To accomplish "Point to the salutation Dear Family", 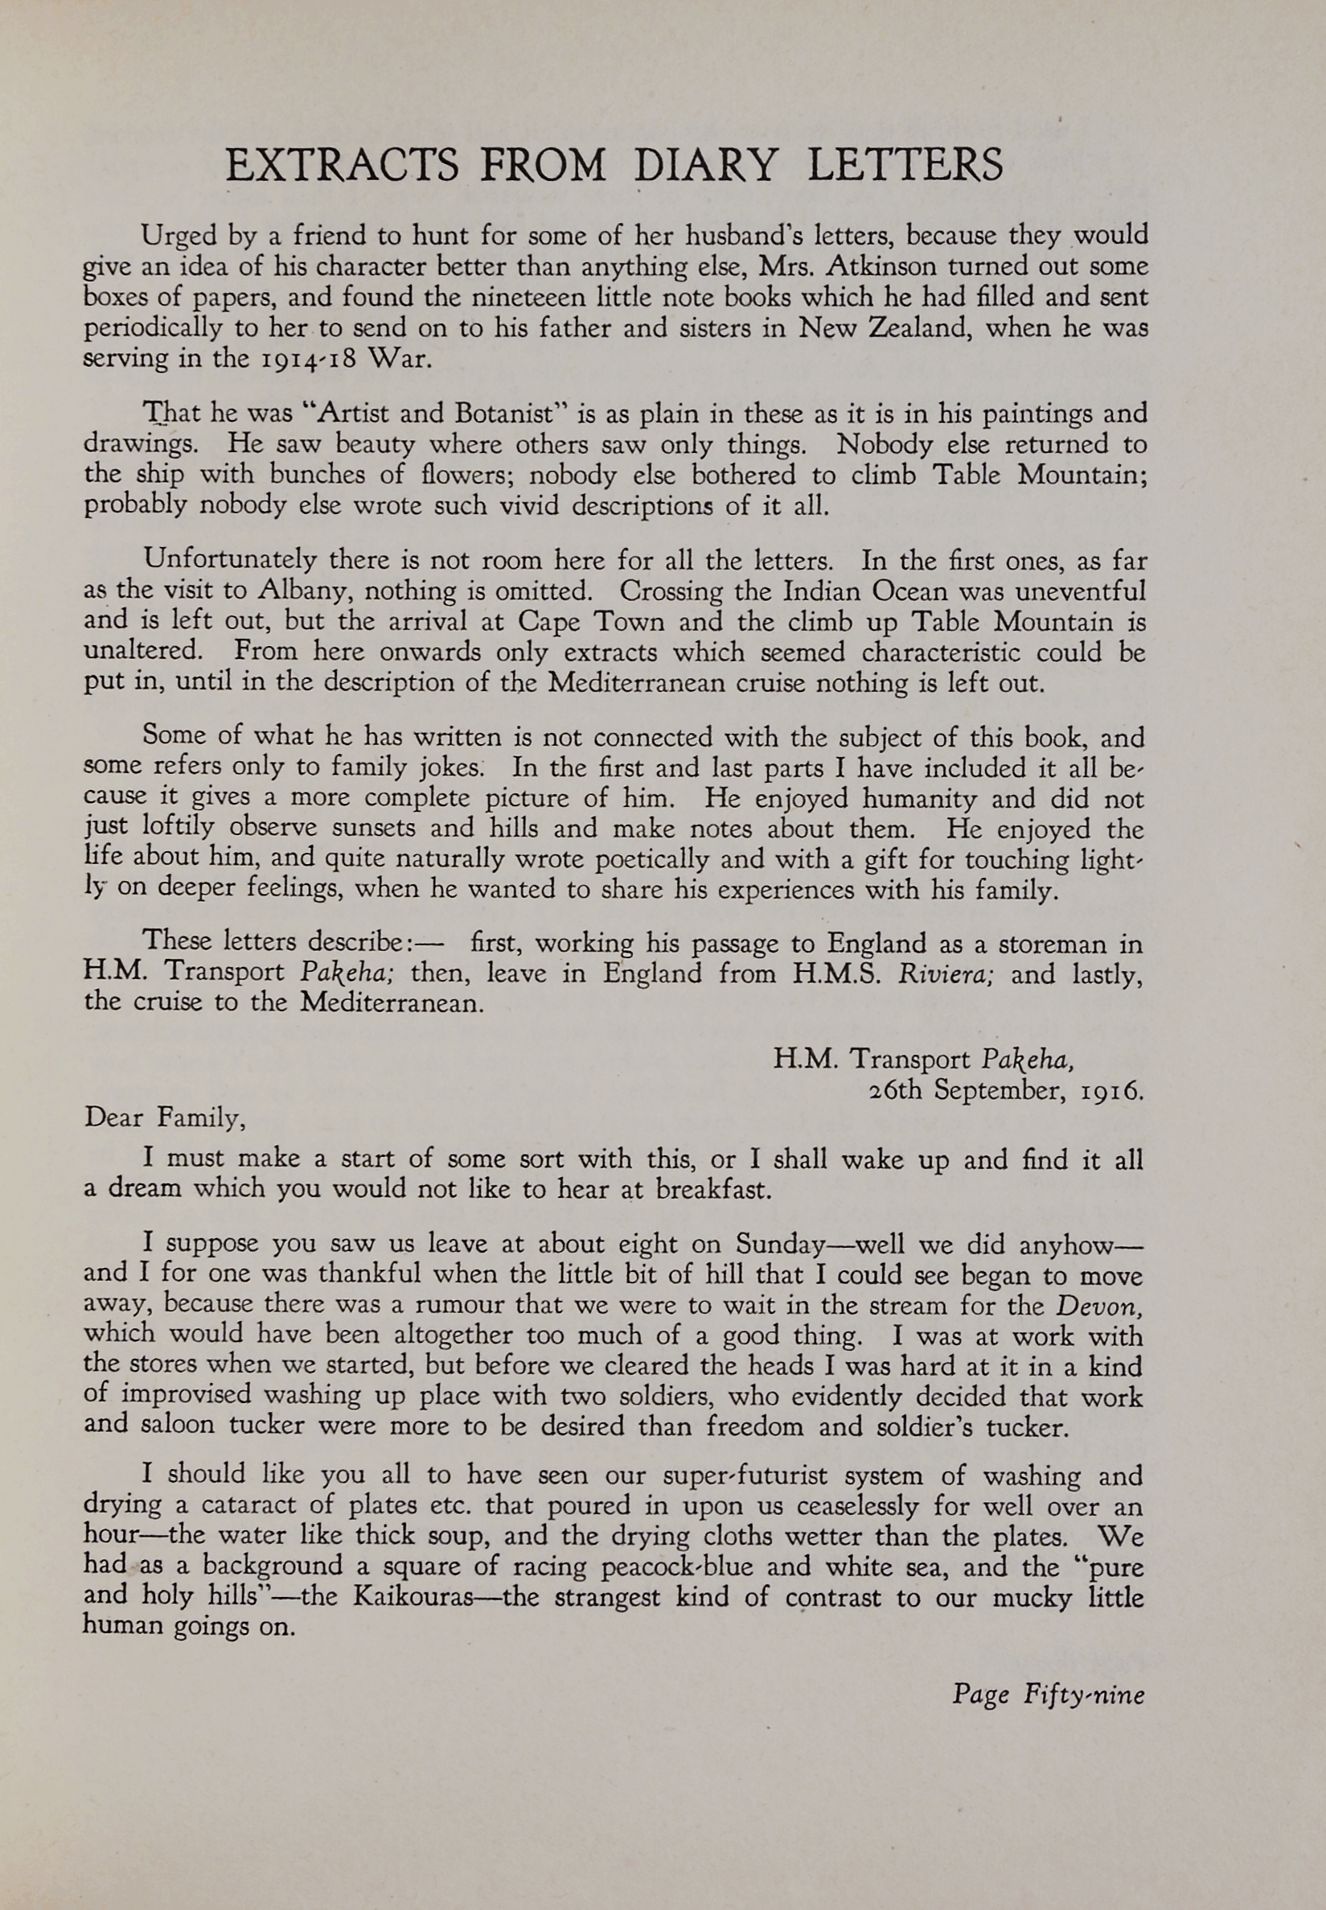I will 165,1118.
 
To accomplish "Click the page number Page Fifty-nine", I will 1048,1694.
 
